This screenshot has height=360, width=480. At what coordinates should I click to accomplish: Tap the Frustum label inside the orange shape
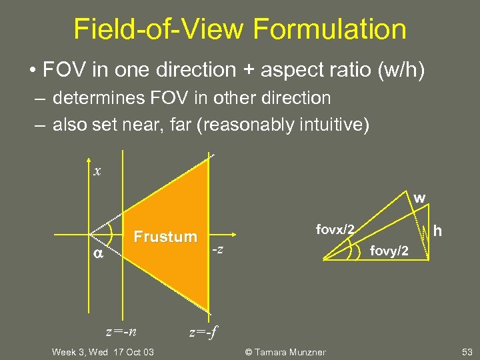pos(165,237)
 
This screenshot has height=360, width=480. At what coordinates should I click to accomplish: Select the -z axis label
pos(217,250)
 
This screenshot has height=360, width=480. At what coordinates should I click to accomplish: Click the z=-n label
pos(121,330)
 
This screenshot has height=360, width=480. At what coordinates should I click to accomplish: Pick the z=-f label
pos(203,331)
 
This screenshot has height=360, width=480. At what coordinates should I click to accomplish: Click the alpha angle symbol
pos(97,253)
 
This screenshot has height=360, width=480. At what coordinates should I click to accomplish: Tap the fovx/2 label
pos(335,229)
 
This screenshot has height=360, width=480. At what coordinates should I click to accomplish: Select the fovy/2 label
pos(390,251)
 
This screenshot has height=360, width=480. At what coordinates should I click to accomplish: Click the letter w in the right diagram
pos(419,198)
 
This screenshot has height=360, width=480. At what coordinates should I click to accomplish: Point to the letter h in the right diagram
pos(439,230)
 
